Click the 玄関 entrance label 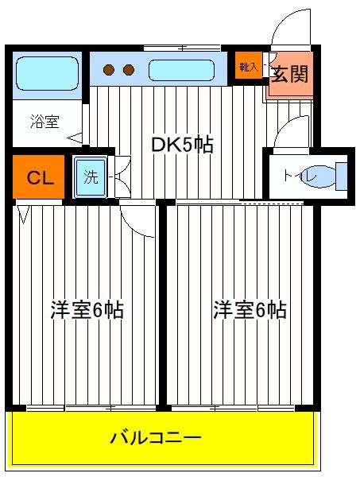(x=289, y=74)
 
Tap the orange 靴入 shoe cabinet (x=249, y=67)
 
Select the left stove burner (x=109, y=70)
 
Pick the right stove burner (x=129, y=70)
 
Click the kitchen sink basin (x=181, y=70)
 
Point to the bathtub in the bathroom (x=47, y=73)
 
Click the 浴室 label (x=45, y=122)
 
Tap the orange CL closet (x=39, y=176)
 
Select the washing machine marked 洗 (x=91, y=176)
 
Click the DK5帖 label (x=183, y=145)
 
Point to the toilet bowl (x=319, y=176)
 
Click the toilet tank (x=342, y=176)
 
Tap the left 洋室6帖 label (x=87, y=310)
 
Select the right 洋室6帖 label (x=250, y=310)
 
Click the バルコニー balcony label (x=156, y=438)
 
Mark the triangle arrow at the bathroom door (x=75, y=138)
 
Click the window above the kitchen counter (x=182, y=48)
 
